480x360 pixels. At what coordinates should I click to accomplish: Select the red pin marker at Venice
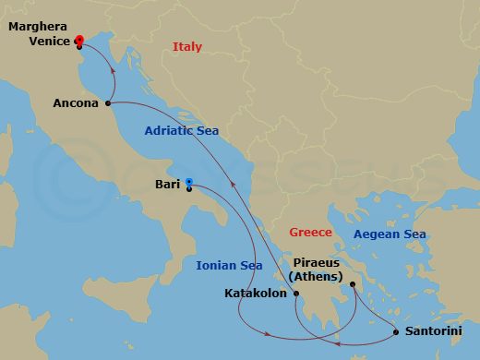coord(78,41)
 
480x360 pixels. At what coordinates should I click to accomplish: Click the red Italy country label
coord(187,47)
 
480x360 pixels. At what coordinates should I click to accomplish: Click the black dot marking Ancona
coord(110,103)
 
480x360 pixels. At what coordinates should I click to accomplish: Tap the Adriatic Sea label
coord(181,131)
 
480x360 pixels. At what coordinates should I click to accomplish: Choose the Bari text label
coord(168,184)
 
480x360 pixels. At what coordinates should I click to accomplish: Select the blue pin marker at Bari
coord(188,183)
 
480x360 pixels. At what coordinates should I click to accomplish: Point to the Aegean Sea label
coord(391,234)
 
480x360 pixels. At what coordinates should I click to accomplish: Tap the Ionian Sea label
coord(229,266)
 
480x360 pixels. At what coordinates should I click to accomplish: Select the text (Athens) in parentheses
coord(315,276)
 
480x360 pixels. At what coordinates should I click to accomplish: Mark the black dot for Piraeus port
coord(353,284)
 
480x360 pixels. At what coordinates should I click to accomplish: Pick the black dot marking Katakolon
coord(296,295)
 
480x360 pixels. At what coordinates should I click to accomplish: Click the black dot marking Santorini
coord(396,331)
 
